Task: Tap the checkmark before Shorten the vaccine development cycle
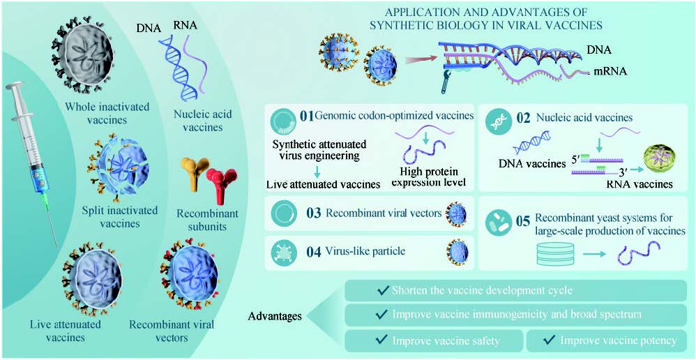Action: (381, 290)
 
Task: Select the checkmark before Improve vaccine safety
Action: (381, 340)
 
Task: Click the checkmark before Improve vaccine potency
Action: (550, 340)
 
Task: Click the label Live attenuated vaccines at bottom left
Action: (66, 331)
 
